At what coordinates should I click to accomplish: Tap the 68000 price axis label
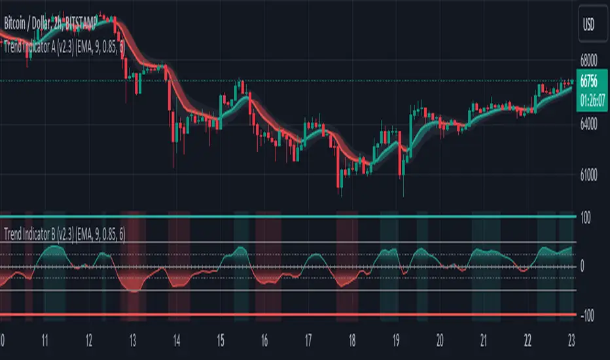[x=592, y=60]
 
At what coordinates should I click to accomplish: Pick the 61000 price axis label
[x=592, y=175]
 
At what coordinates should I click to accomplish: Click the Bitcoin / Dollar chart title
[x=49, y=24]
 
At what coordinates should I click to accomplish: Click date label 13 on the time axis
[x=132, y=341]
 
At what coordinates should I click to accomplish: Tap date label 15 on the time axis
[x=220, y=341]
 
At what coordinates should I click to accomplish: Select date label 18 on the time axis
[x=352, y=341]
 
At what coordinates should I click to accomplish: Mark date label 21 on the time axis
[x=484, y=341]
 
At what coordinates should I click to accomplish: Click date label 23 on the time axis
[x=572, y=341]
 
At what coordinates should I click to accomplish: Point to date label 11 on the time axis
[x=45, y=341]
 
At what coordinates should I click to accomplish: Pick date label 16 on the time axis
[x=264, y=341]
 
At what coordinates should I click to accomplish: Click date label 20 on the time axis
[x=440, y=341]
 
